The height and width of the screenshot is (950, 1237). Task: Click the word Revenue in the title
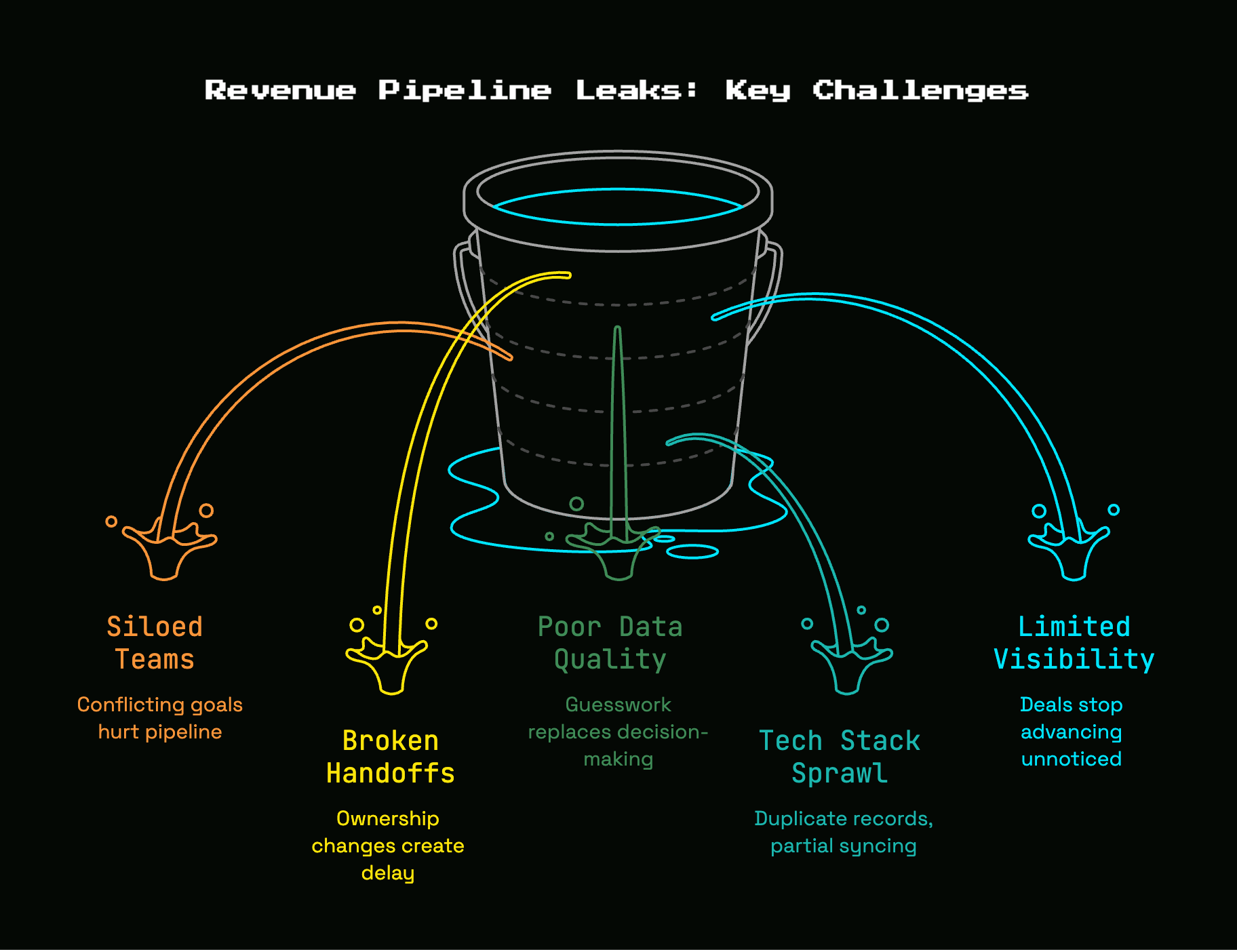280,90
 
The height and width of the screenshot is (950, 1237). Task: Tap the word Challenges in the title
920,91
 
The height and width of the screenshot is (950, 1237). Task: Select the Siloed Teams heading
155,643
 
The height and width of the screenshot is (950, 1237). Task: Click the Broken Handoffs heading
390,757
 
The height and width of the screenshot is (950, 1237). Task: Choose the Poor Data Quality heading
610,643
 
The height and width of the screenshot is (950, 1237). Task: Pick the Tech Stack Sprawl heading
840,757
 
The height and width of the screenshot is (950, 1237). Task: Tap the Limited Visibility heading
1074,643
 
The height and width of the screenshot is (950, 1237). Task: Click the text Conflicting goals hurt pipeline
160,718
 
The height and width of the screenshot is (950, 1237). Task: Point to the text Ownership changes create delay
388,846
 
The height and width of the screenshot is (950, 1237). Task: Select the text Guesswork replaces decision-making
618,732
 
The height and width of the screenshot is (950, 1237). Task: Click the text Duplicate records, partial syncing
844,832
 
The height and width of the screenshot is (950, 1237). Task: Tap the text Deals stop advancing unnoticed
1072,732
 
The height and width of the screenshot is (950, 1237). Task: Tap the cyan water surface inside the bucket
617,223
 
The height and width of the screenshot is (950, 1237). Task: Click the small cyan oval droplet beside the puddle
692,552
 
